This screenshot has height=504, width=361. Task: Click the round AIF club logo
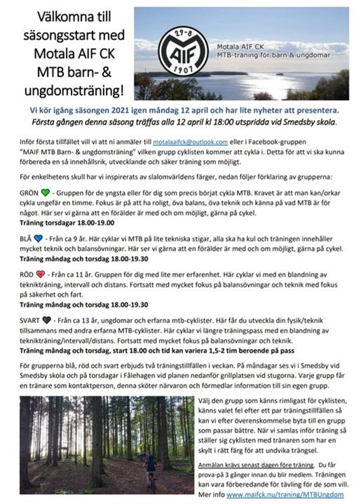coord(183,50)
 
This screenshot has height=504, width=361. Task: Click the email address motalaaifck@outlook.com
coord(190,142)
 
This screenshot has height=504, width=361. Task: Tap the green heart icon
coord(45,193)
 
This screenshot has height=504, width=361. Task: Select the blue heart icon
coord(38,238)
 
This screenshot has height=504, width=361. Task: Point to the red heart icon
coord(40,274)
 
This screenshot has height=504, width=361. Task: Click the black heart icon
coord(46,320)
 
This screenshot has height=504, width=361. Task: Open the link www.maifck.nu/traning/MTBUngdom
coord(285,494)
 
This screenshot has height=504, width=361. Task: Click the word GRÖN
coord(29,193)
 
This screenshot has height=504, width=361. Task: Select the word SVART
coord(30,320)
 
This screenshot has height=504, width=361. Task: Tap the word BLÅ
coord(26,238)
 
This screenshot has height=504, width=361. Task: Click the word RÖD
coord(27,274)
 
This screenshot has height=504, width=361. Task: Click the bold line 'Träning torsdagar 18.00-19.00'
coord(67,223)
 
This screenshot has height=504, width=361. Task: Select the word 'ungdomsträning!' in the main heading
coord(74,90)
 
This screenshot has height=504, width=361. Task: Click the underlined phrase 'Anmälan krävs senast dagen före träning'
coord(256,465)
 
